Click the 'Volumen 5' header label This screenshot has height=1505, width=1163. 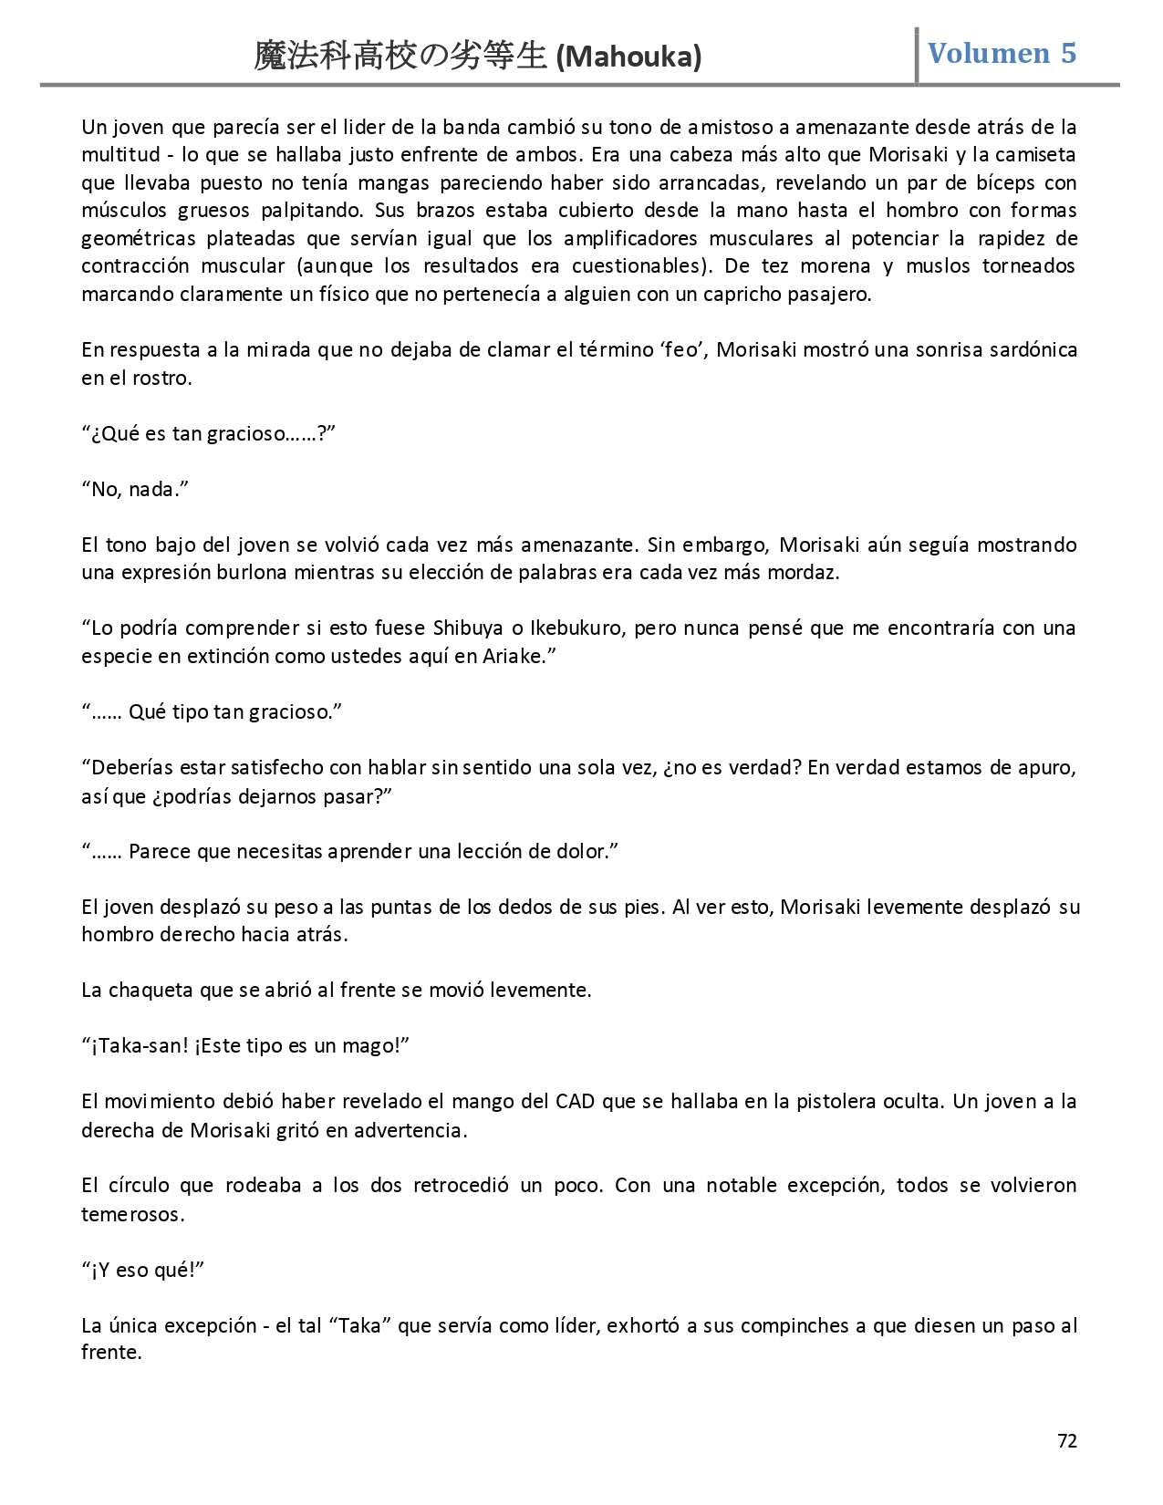(1002, 53)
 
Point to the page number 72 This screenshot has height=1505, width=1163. (1066, 1441)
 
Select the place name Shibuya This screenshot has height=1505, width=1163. (469, 628)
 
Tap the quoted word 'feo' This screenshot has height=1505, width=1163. (679, 349)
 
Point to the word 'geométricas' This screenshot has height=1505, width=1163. (138, 238)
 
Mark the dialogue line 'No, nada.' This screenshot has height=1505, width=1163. (135, 489)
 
